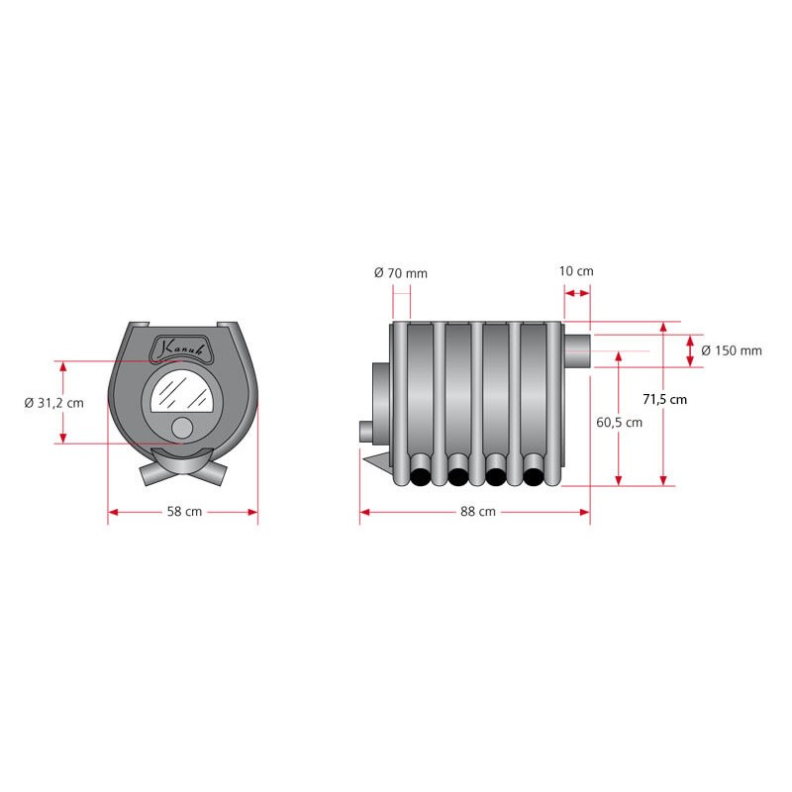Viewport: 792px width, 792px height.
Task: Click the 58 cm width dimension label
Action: (x=184, y=512)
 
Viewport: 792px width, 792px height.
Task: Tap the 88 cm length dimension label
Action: (x=478, y=512)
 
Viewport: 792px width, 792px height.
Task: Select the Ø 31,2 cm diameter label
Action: (x=54, y=403)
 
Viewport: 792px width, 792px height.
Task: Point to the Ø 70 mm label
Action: (x=401, y=273)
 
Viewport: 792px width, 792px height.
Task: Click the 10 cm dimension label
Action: (x=576, y=271)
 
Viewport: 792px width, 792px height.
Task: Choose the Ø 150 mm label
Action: (x=732, y=350)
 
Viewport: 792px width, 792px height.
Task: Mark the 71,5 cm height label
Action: (x=664, y=400)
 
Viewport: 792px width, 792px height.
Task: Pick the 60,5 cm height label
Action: (x=620, y=423)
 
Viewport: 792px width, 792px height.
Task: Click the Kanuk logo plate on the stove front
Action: (x=182, y=347)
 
